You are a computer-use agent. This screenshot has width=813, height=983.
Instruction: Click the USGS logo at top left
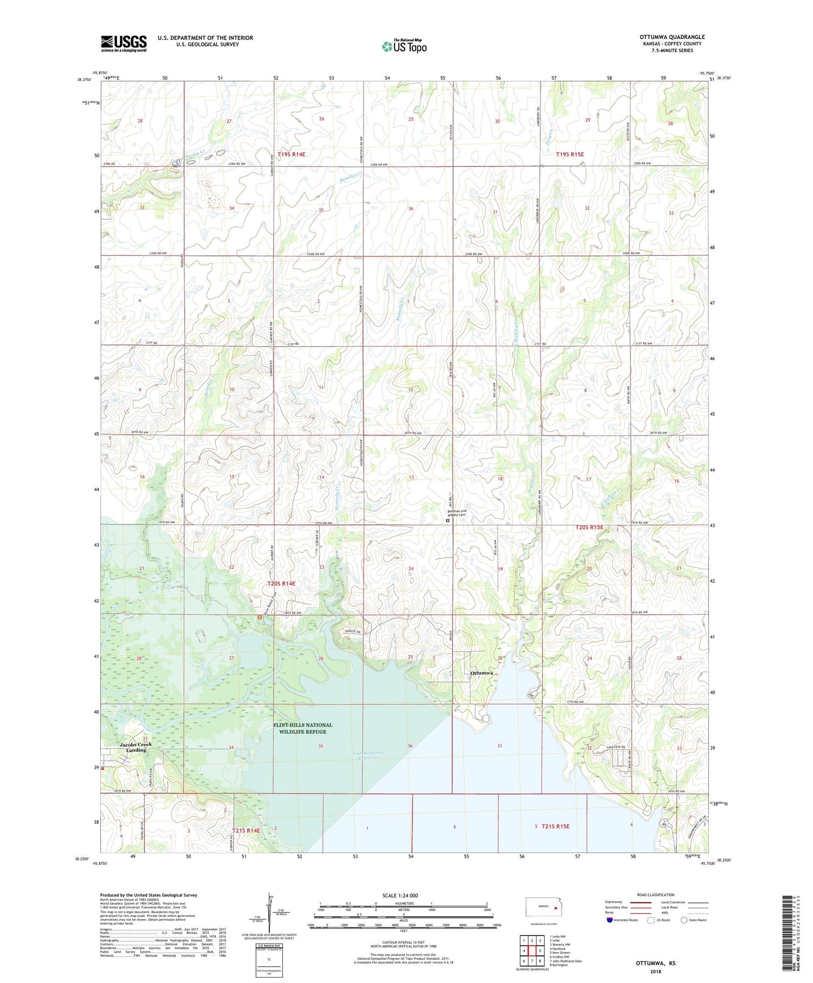point(124,43)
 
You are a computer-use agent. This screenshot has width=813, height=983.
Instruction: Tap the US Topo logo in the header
point(404,46)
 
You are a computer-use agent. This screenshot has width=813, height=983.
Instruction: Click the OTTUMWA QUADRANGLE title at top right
point(672,37)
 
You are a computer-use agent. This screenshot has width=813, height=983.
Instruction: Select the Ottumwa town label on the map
point(482,673)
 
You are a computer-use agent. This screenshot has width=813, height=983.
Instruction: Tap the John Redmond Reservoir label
point(369,755)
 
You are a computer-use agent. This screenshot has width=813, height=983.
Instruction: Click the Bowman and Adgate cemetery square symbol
point(448,521)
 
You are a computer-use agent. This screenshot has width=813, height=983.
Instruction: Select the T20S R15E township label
point(589,527)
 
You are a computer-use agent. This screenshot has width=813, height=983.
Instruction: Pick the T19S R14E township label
point(292,155)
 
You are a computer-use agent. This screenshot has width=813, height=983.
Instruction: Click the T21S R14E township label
point(246,830)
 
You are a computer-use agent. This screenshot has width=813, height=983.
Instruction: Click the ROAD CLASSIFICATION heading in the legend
point(656,895)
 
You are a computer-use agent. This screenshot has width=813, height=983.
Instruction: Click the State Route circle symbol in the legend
point(685,920)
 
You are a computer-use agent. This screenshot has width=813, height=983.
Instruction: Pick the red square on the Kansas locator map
point(555,906)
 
